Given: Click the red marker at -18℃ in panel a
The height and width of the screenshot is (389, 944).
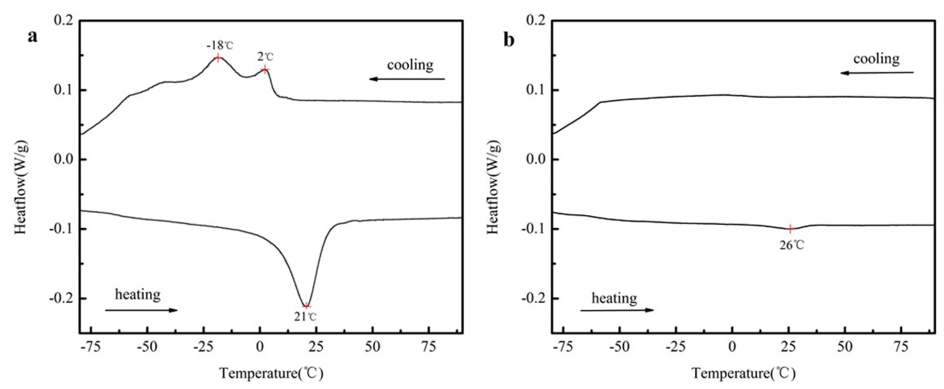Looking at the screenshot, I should pos(218,57).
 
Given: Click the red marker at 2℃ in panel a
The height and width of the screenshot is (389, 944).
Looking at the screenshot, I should pos(265,69).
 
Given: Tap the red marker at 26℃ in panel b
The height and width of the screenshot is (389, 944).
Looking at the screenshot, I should pos(790,229).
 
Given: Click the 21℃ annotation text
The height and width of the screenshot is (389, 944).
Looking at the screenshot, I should pos(305,317).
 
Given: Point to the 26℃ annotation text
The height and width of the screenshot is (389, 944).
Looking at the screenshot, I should pos(791,245).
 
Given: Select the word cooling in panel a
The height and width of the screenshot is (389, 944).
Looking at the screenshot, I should pos(410,65).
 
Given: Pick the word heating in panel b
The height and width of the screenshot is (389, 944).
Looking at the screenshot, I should pos(614,298).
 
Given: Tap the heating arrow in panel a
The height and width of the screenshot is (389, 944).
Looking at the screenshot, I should pos(141,310).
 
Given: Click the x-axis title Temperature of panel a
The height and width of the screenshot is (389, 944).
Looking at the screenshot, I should pos(271,374).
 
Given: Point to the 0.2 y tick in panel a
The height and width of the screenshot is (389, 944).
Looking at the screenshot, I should pos(64,21).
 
